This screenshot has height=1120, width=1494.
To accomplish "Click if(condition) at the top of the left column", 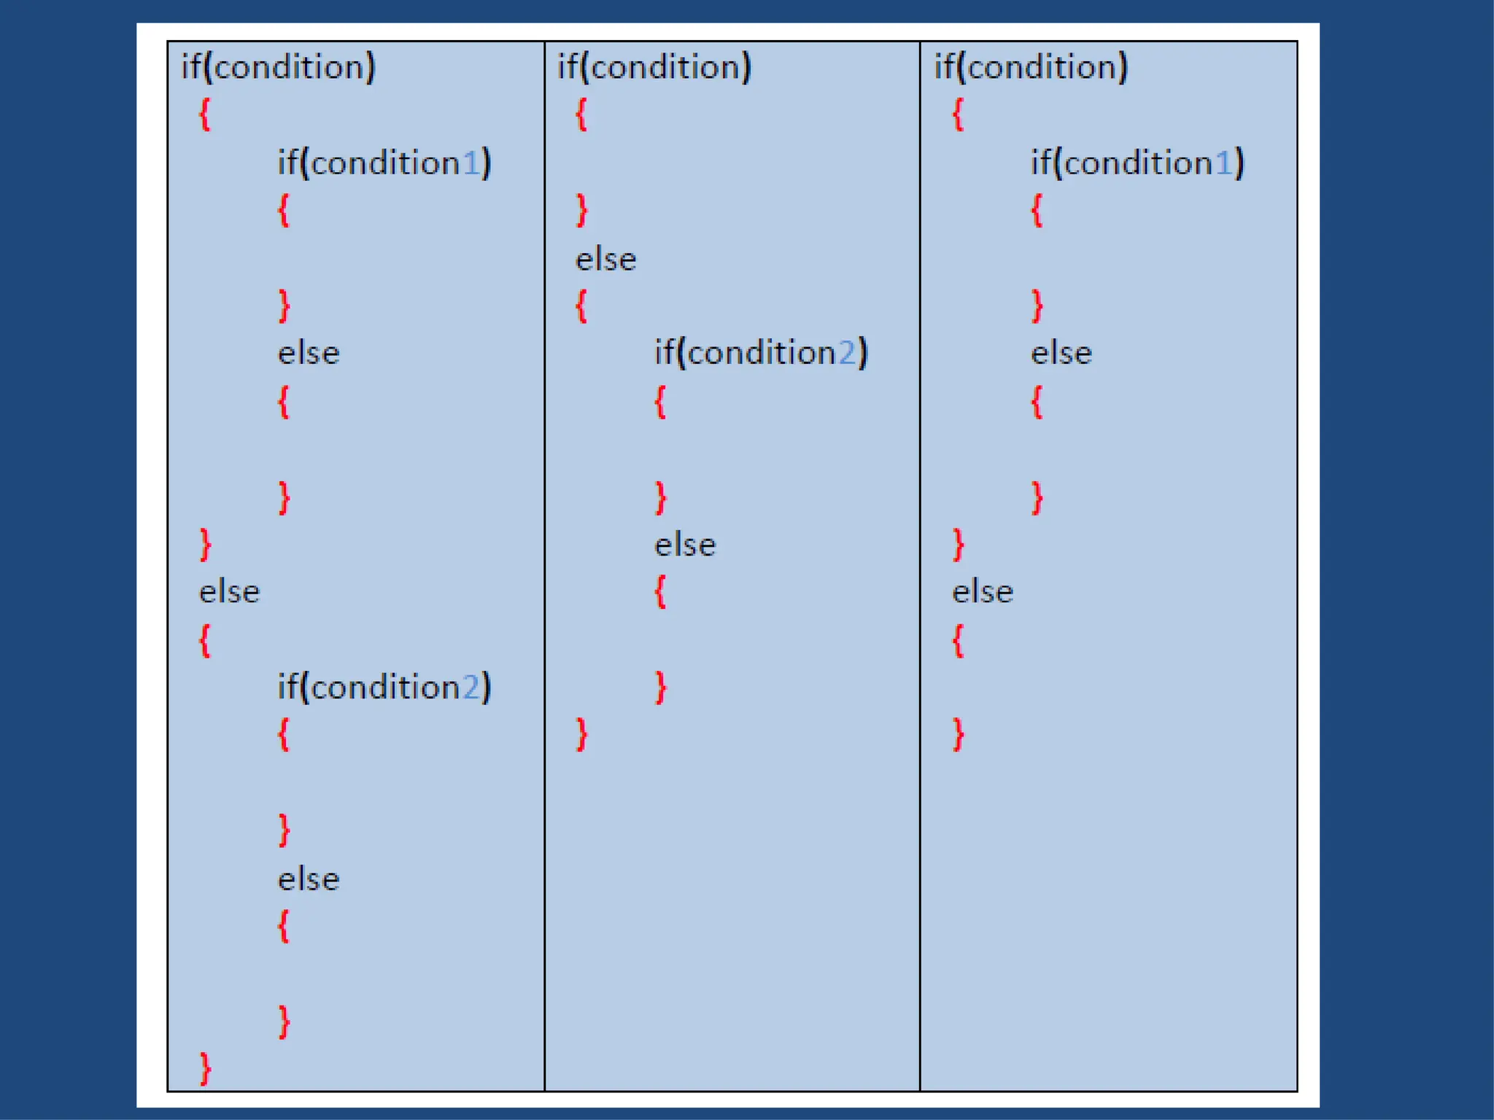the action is (x=278, y=67).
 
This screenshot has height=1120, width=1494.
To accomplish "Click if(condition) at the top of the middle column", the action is (x=654, y=67).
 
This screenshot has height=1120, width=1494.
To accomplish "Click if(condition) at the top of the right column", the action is (x=1031, y=67).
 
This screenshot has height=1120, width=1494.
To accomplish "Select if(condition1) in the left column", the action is (x=384, y=163).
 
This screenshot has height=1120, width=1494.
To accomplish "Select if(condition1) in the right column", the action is (x=1137, y=163).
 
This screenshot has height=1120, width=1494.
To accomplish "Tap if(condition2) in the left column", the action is (x=384, y=688).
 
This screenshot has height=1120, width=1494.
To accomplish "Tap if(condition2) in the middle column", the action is (x=761, y=353).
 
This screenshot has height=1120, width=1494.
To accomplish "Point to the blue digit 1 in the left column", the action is (x=471, y=163).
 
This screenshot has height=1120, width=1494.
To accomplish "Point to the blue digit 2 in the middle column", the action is (x=847, y=354).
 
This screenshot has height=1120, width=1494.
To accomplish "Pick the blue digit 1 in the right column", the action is (x=1223, y=163).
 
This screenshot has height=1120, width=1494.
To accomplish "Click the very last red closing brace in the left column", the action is (x=206, y=1068).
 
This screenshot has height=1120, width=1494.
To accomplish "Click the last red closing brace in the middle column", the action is (x=582, y=734).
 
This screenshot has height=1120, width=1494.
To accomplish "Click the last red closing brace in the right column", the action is (x=959, y=734).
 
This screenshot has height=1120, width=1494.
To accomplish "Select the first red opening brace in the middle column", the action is (x=581, y=114).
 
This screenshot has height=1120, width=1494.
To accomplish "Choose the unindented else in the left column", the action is (x=230, y=592).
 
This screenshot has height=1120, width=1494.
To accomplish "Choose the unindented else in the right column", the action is (x=983, y=592).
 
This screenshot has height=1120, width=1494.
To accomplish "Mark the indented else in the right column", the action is (x=1061, y=354).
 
